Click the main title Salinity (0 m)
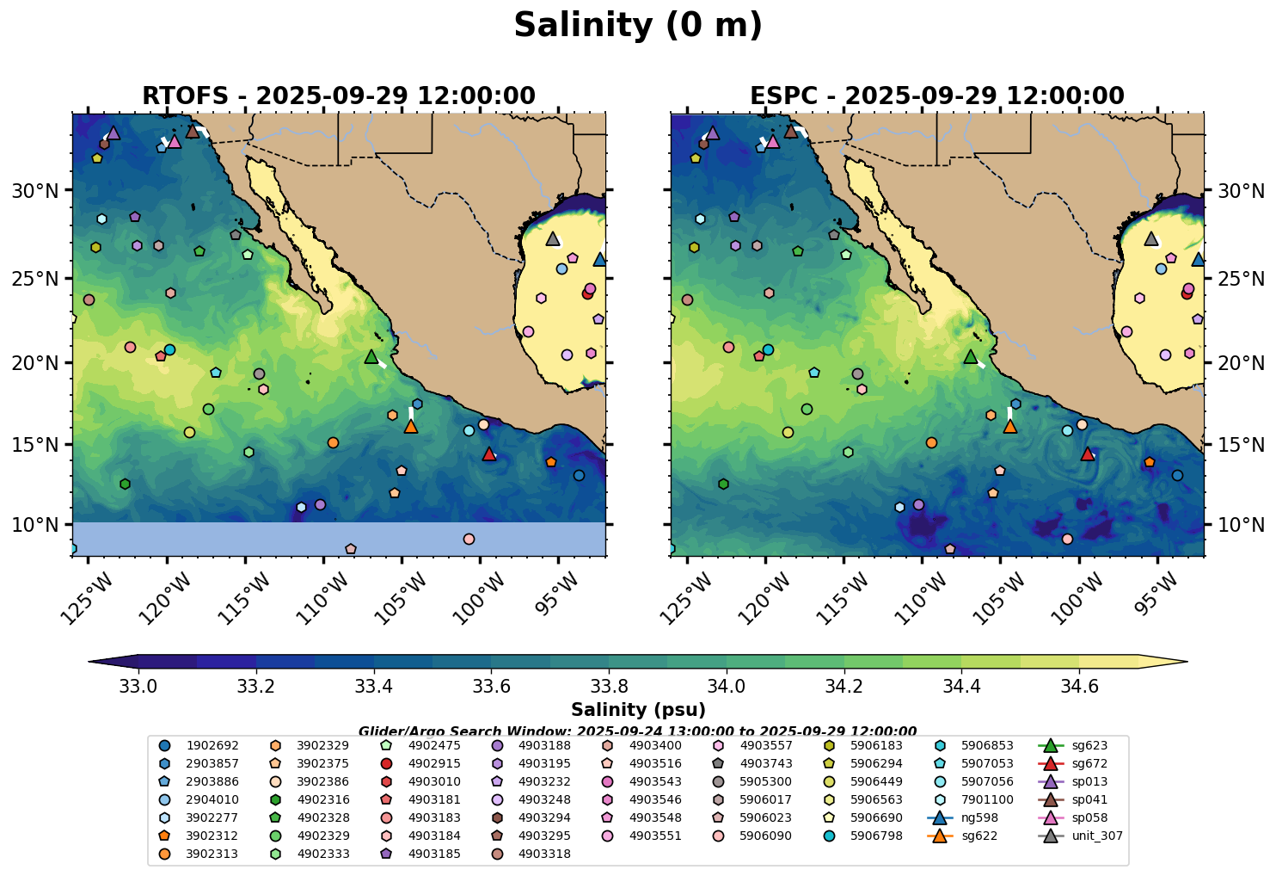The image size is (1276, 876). (637, 26)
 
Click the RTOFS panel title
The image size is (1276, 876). (338, 96)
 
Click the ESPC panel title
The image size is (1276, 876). (936, 96)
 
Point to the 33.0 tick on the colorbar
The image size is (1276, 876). (138, 686)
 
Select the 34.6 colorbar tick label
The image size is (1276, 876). (1079, 686)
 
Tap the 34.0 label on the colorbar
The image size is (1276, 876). (727, 686)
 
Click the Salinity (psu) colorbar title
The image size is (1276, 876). (637, 710)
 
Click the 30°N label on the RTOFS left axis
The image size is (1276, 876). (34, 191)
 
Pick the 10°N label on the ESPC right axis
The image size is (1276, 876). (1241, 525)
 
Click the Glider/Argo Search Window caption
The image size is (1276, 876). (637, 731)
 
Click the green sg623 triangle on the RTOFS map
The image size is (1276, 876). (371, 357)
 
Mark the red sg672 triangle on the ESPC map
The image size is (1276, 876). (1088, 453)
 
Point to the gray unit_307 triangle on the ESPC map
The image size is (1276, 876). (1151, 239)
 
